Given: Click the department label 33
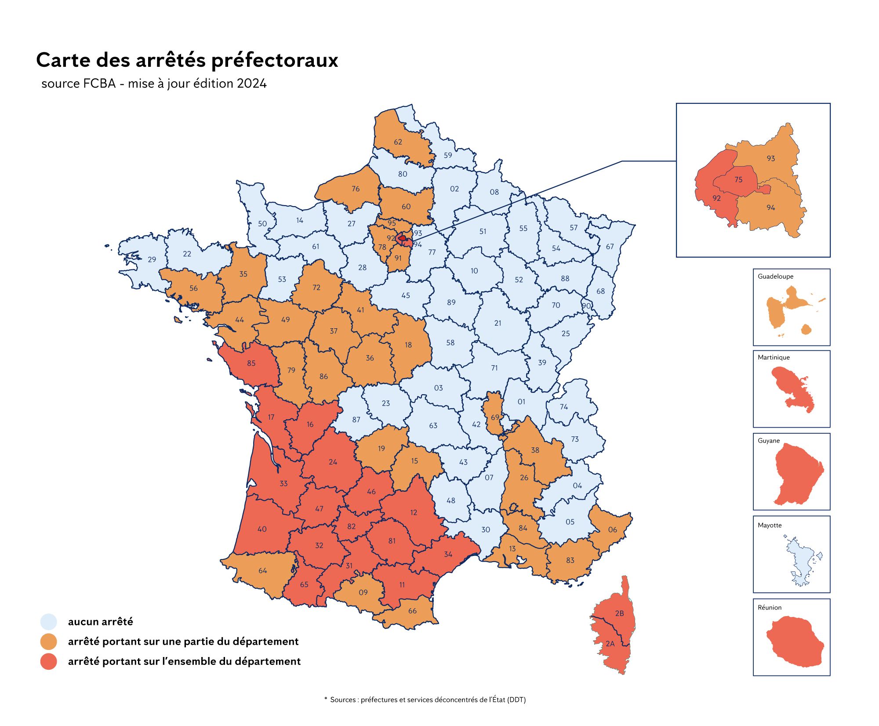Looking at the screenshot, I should point(283,483).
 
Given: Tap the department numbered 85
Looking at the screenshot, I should point(251,363).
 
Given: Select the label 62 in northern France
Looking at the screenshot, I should point(398,142).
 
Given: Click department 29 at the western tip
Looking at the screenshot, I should point(152,260).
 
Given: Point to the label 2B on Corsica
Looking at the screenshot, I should point(619,613).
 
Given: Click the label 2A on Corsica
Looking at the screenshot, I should point(610,644).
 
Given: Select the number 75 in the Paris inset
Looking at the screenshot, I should point(738,180).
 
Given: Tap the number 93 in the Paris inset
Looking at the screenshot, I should point(771,159).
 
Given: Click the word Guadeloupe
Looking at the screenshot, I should point(775,276).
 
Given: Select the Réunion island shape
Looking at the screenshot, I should point(795,642).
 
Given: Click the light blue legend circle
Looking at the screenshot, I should point(49,622).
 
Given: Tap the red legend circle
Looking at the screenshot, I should point(49,661).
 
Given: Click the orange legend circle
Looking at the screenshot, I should point(49,642).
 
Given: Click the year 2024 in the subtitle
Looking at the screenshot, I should point(251,83).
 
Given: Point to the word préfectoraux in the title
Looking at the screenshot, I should point(275,60).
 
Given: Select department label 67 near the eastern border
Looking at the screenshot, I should point(610,247).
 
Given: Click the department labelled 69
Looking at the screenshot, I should point(495,417).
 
